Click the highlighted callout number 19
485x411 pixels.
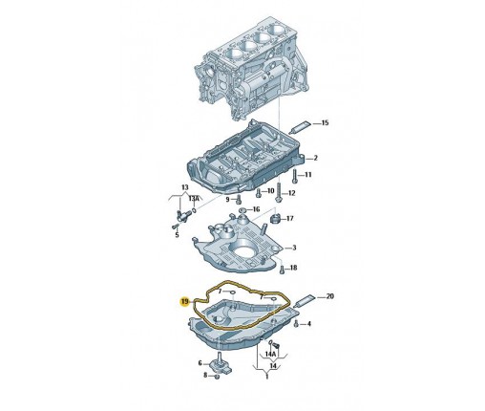185,301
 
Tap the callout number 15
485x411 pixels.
325,122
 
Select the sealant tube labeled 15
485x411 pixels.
300,127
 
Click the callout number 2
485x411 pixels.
315,158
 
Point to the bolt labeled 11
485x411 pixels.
294,176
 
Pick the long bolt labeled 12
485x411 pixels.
279,192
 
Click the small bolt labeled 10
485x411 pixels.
259,192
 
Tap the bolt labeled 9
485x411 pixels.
239,200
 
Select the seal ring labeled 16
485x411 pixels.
242,210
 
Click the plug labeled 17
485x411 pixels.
274,219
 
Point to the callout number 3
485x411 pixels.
294,248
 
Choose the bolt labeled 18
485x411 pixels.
282,269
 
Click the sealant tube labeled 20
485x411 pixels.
305,300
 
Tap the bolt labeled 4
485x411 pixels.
296,324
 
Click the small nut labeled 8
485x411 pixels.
217,377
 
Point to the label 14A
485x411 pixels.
270,354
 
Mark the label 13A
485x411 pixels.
194,199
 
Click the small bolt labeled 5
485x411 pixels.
174,227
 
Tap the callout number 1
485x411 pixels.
267,377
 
